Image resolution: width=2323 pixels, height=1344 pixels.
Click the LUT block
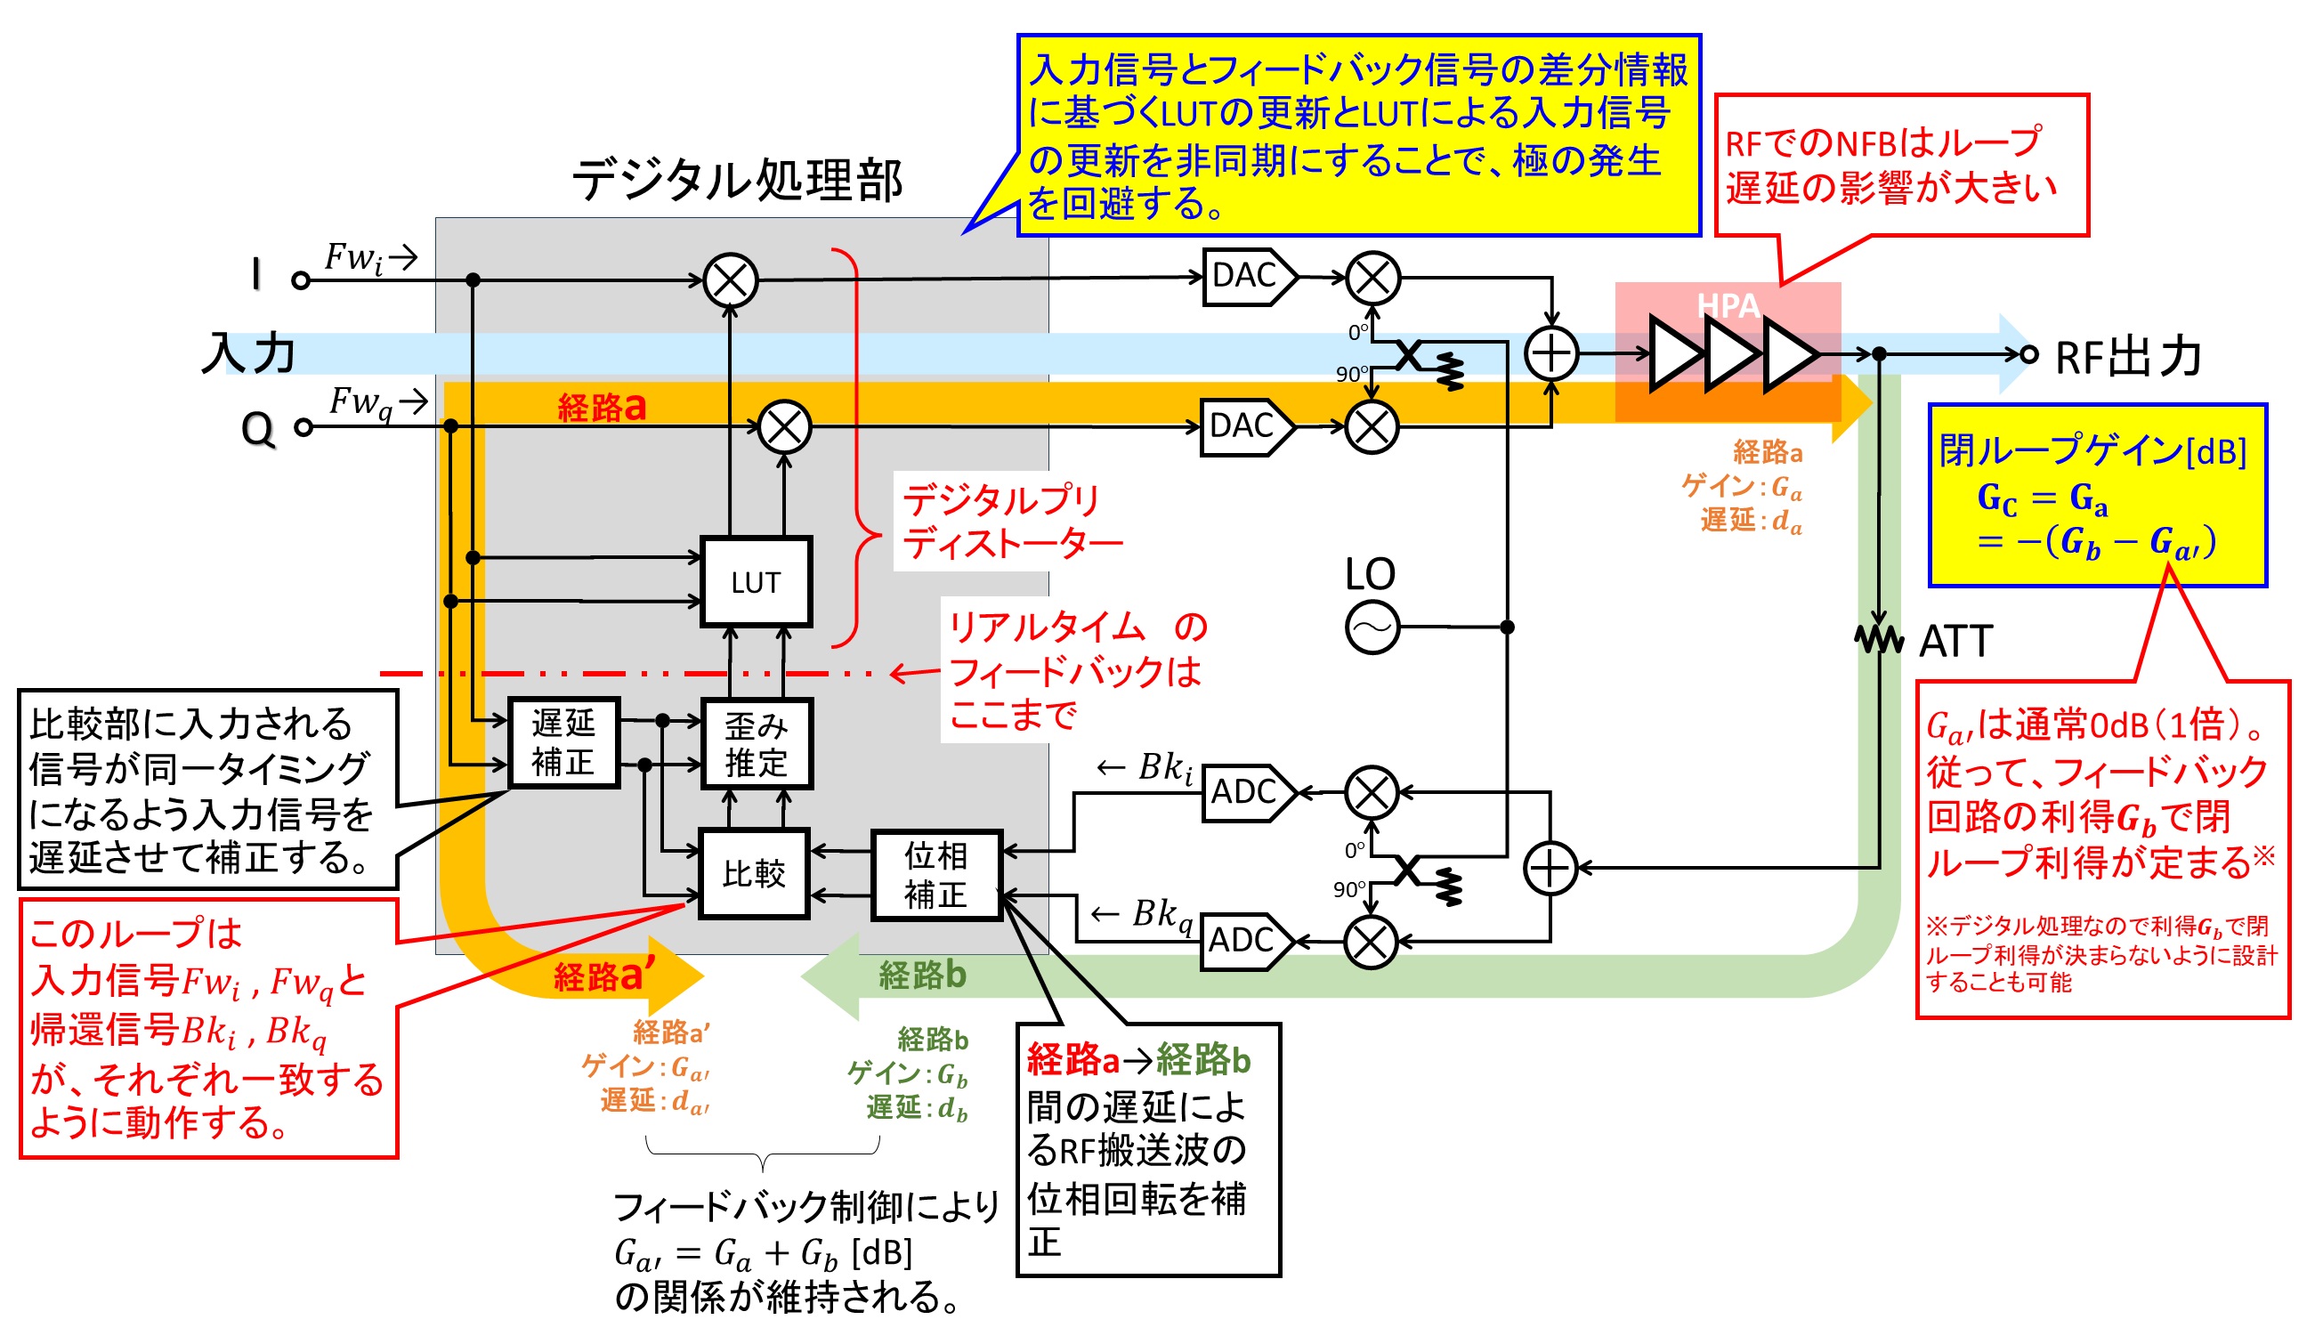756,582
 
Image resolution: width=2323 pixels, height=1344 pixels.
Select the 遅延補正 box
563,743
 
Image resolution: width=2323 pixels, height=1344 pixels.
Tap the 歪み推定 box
756,744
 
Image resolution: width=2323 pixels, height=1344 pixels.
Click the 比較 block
754,873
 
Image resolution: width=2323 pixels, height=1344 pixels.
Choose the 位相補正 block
936,875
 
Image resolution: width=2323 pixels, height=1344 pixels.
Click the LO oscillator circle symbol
1372,627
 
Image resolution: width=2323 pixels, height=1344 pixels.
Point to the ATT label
1955,641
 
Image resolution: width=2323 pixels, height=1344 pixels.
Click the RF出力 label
2127,357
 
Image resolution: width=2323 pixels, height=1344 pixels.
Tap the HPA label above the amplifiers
1728,305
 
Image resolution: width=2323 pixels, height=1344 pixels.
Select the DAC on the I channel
1246,276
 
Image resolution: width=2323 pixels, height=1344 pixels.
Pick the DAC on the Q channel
1244,427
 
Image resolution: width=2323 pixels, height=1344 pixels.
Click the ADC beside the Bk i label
1246,792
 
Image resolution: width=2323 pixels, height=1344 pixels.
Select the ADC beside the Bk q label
1244,941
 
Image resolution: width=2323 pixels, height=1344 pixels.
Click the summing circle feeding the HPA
1551,354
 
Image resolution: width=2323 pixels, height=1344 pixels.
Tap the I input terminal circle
301,280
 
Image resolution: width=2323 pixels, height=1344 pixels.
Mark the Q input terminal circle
304,427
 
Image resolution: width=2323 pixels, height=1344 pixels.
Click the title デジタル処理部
738,180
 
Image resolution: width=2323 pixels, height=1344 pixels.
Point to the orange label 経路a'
604,976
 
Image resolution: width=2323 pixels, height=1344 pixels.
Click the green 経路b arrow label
922,974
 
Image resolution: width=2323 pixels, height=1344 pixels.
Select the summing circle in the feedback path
1550,868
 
